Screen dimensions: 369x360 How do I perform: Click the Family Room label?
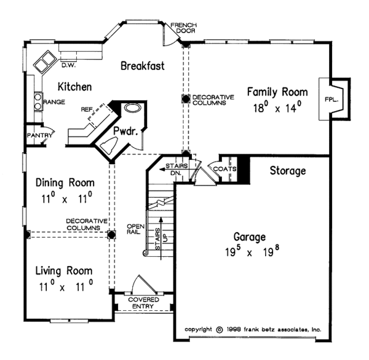pos(277,92)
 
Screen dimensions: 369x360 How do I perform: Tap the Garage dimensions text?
pos(252,251)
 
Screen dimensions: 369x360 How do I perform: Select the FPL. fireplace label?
pos(331,100)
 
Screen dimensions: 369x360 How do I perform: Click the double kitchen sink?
pos(44,61)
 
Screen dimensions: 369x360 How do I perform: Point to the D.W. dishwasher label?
pos(68,66)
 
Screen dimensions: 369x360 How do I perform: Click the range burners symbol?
pos(38,101)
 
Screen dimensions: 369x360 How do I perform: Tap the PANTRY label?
pos(39,135)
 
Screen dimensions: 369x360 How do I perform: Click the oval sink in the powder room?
pos(133,108)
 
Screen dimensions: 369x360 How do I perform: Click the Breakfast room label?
pos(143,66)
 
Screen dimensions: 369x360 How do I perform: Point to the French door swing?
pos(170,34)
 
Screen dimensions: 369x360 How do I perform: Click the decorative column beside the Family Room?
pos(186,99)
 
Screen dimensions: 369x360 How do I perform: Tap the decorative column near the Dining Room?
pos(111,235)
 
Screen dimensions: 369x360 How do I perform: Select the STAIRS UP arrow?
pos(161,238)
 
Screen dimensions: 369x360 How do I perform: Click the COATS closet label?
pos(224,169)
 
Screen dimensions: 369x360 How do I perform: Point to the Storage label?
pos(288,171)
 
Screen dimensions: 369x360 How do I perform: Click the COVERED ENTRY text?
pos(143,303)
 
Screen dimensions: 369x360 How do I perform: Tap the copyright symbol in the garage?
pos(220,330)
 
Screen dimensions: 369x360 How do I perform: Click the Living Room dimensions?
pos(66,286)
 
